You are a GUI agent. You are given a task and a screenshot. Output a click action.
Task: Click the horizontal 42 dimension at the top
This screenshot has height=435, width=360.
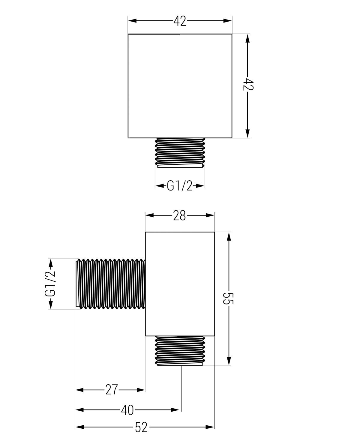pyautogui.click(x=180, y=21)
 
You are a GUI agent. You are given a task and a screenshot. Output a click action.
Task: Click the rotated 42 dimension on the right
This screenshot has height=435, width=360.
pyautogui.click(x=248, y=84)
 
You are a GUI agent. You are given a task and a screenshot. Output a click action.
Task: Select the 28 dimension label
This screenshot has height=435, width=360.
pyautogui.click(x=179, y=215)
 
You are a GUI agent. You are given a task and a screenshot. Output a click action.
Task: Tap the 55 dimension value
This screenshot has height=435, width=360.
pyautogui.click(x=228, y=298)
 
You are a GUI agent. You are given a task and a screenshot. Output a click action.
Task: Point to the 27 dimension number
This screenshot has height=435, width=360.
pyautogui.click(x=112, y=390)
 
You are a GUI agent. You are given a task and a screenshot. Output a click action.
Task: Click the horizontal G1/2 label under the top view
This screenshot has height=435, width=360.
pyautogui.click(x=180, y=186)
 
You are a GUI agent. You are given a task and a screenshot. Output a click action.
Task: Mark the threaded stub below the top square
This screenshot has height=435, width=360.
pyautogui.click(x=180, y=153)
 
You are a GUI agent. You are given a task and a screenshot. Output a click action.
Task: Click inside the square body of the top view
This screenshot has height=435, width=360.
pyautogui.click(x=180, y=86)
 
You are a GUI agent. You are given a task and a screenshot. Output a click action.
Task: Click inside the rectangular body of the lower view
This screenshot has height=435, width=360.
pyautogui.click(x=180, y=284)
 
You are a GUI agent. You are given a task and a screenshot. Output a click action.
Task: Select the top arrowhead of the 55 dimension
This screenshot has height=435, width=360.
pyautogui.click(x=229, y=236)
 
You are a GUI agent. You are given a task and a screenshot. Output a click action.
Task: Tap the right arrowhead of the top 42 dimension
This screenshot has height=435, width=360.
pyautogui.click(x=227, y=21)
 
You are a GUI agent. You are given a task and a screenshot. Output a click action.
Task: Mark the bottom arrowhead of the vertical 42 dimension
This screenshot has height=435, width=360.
pyautogui.click(x=247, y=133)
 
